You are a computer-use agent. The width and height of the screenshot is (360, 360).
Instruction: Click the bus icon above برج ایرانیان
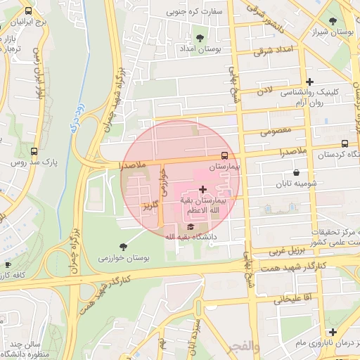pyautogui.click(x=27, y=12)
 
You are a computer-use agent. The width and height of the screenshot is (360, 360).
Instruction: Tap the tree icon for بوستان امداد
pyautogui.click(x=201, y=37)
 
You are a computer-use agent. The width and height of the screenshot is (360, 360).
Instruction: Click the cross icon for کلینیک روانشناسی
pyautogui.click(x=309, y=82)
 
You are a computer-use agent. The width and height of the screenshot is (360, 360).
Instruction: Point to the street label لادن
pyautogui.click(x=264, y=91)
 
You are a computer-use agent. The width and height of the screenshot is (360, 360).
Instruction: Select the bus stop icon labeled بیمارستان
pyautogui.click(x=224, y=155)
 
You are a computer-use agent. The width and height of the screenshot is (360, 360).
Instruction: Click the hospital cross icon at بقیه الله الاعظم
pyautogui.click(x=203, y=189)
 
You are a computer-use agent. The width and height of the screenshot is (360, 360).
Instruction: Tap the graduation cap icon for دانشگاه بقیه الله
pyautogui.click(x=191, y=226)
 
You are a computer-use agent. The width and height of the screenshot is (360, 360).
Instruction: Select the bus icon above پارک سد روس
pyautogui.click(x=35, y=150)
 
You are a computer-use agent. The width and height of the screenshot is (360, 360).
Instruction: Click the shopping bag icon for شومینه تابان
pyautogui.click(x=296, y=172)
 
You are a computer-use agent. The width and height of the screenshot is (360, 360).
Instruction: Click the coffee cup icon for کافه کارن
pyautogui.click(x=8, y=265)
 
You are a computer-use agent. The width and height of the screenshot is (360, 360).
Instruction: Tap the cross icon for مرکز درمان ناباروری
pyautogui.click(x=333, y=331)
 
